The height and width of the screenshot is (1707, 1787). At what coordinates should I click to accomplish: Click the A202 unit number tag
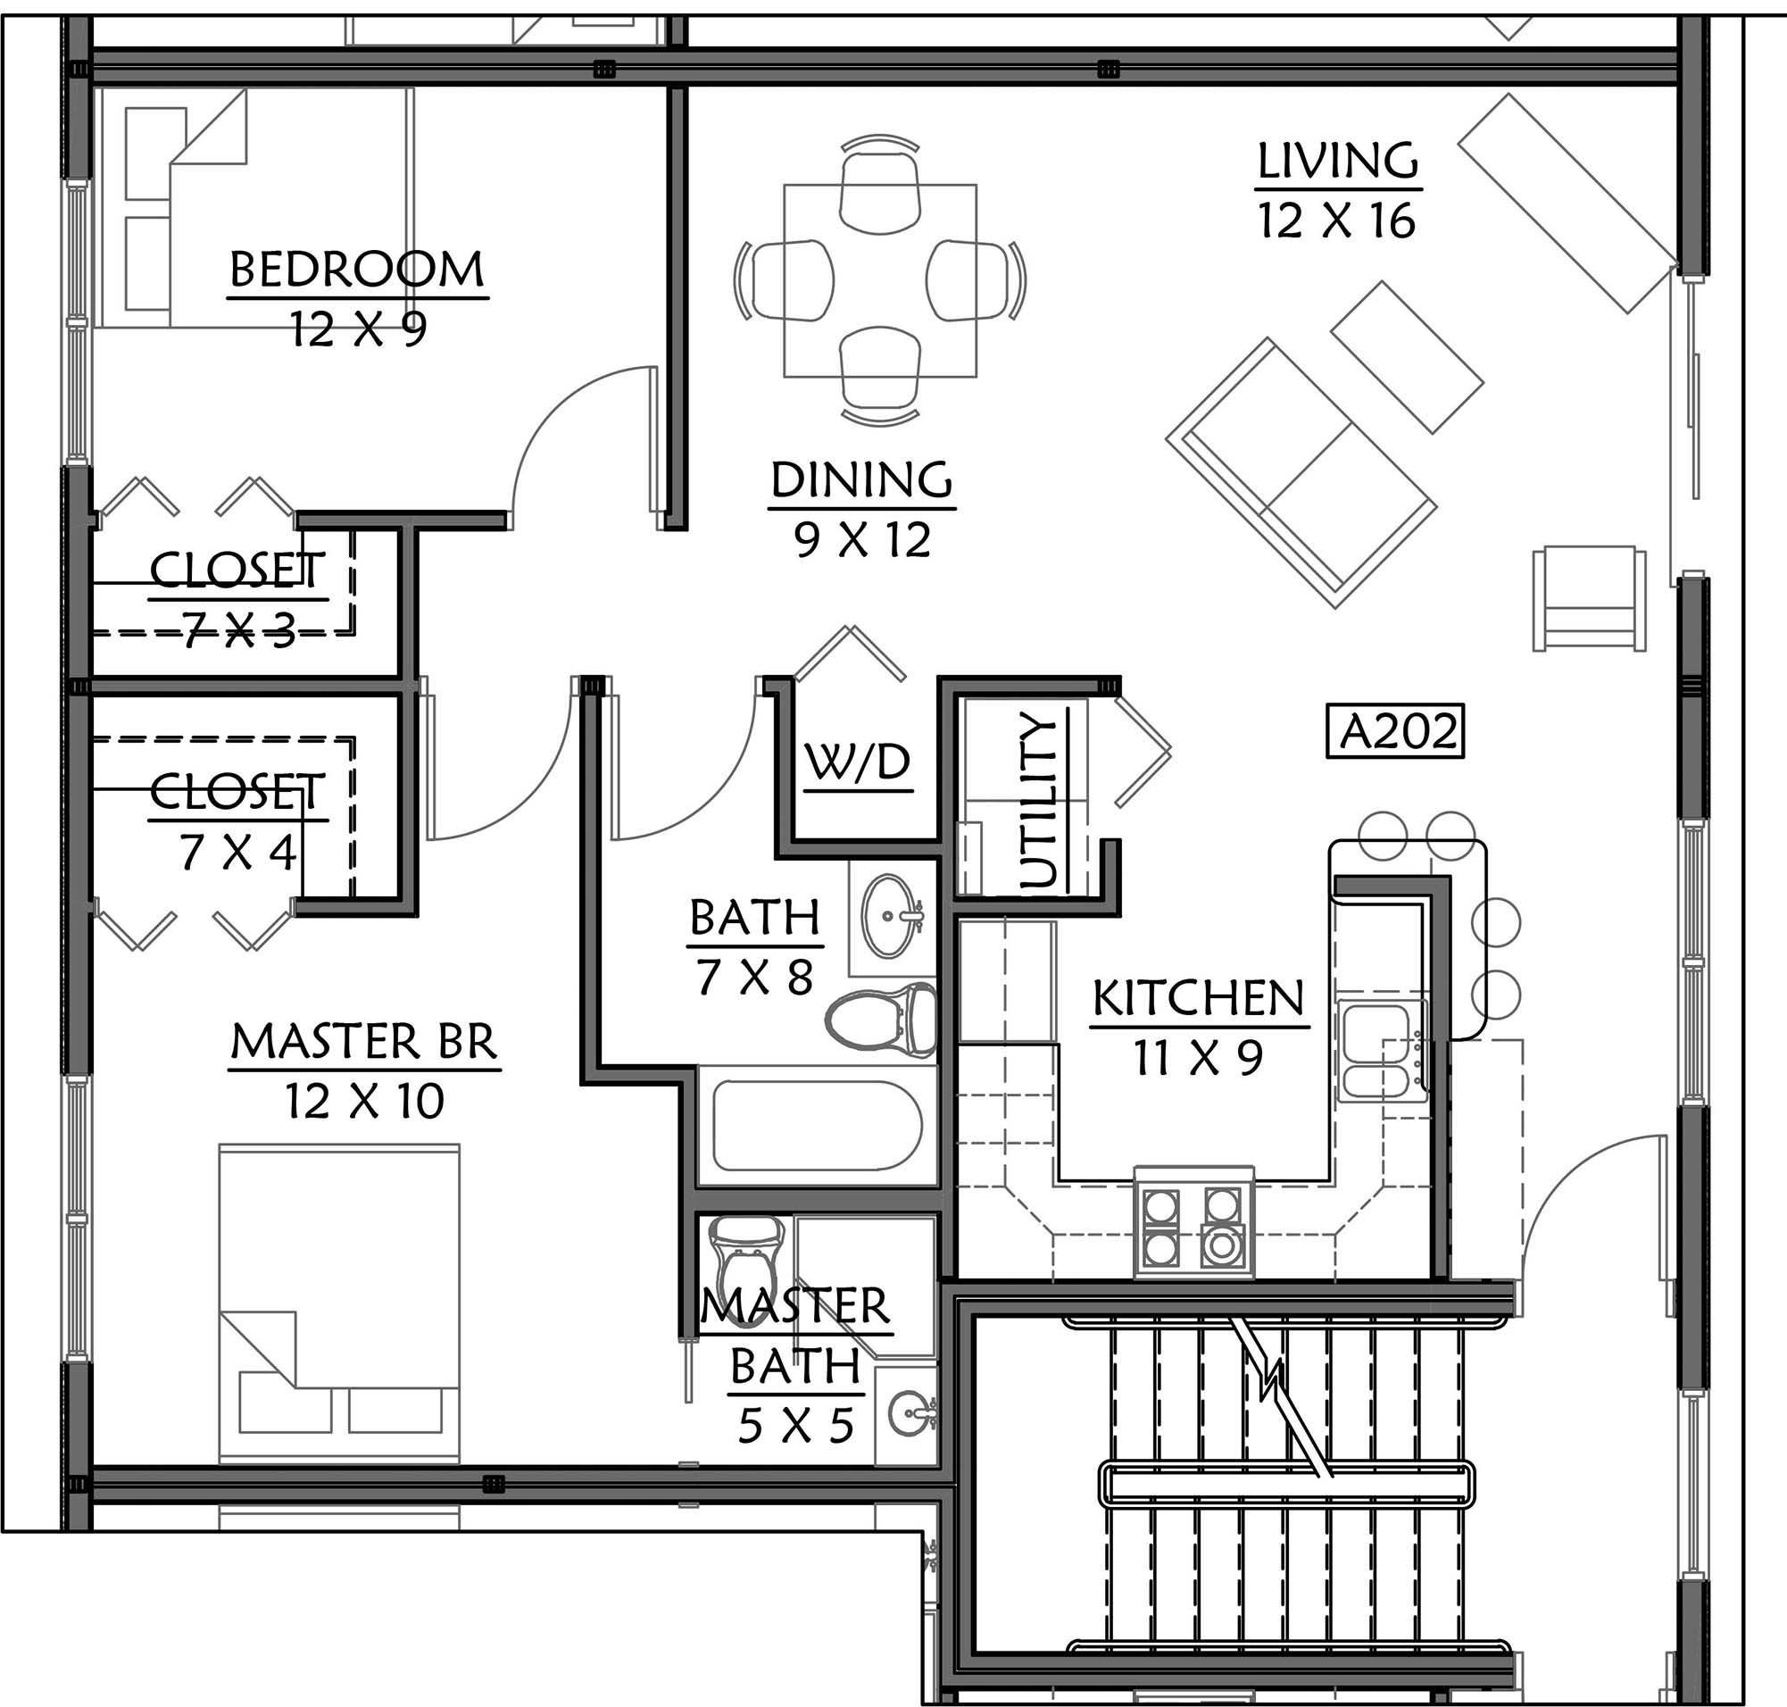[x=1395, y=730]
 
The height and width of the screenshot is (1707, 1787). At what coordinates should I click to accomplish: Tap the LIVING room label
[x=1337, y=160]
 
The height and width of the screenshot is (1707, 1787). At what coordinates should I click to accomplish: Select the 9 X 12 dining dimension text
[x=861, y=540]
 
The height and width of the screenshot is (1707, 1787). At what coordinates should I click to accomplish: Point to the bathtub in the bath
[x=817, y=1126]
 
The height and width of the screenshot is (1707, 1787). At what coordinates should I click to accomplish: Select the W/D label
[x=858, y=762]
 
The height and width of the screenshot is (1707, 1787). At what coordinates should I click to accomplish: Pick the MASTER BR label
[x=364, y=1042]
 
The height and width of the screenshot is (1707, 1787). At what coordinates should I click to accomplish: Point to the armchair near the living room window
[x=1589, y=598]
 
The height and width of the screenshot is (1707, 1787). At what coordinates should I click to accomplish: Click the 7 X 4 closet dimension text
[x=237, y=853]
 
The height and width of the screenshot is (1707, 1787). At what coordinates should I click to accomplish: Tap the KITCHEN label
[x=1198, y=999]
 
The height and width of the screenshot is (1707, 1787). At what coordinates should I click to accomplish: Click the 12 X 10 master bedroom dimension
[x=364, y=1101]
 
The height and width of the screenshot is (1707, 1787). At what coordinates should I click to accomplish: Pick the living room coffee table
[x=1408, y=357]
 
